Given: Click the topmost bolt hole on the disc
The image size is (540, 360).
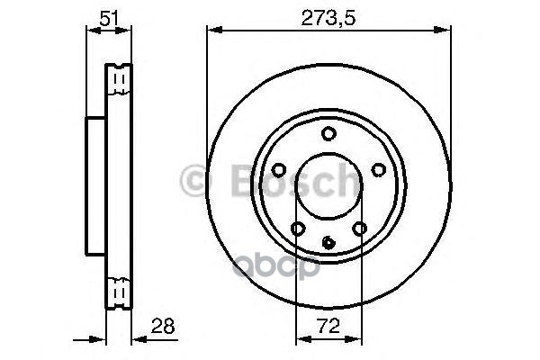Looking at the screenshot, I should tap(328, 134).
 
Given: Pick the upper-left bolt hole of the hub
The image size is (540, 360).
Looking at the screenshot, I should tap(278, 168).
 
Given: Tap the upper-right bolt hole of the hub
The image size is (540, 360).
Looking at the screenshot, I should tap(379, 168).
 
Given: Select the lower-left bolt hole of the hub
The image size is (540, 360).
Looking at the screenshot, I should tap(297, 229).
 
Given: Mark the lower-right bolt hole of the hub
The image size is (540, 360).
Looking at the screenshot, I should tap(360, 229).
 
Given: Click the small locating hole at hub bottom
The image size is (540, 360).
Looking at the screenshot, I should tap(328, 240).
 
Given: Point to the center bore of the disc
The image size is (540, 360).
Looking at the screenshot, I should tap(328, 189).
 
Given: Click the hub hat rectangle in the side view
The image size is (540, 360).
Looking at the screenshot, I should tap(96, 186).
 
